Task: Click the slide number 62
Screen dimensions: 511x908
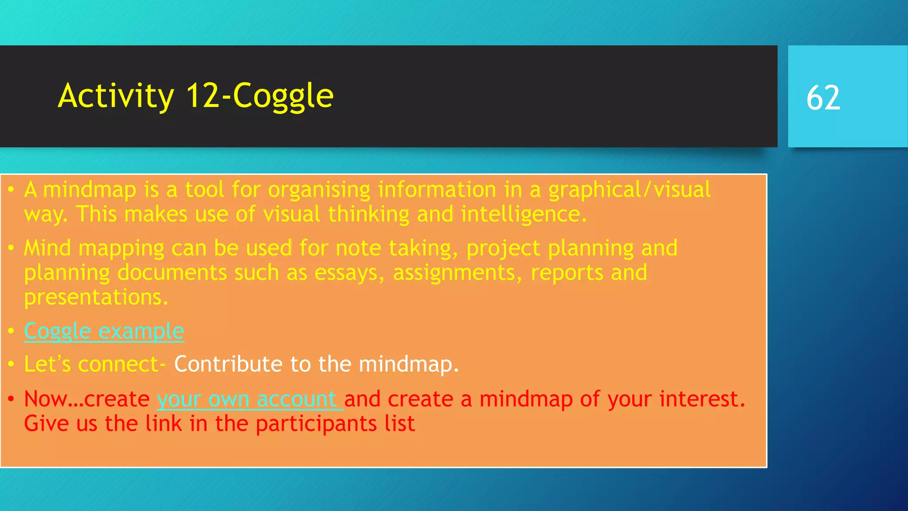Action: [823, 98]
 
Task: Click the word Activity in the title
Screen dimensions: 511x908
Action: [116, 96]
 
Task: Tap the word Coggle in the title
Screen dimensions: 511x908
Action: [283, 96]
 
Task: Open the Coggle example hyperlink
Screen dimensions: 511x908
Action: [104, 331]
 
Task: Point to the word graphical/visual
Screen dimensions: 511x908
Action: [629, 190]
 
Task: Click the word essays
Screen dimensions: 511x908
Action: [348, 273]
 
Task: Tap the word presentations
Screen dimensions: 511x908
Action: [96, 298]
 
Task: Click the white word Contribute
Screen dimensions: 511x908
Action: [228, 364]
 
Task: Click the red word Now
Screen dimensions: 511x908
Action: [45, 399]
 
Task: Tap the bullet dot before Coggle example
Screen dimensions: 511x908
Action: [12, 331]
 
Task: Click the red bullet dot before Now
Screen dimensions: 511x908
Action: [12, 399]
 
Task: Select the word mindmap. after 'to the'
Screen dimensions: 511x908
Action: [408, 364]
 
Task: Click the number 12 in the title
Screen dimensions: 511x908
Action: [203, 96]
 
